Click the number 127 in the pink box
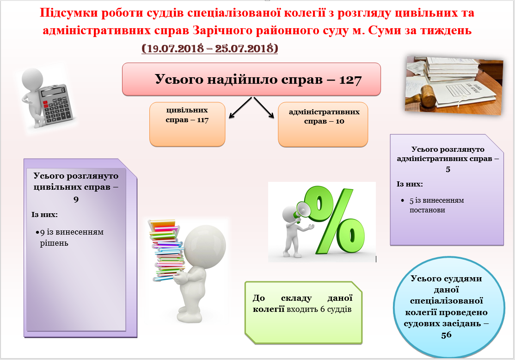(350, 80)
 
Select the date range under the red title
(210, 48)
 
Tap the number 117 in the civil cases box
(202, 120)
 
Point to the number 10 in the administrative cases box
(340, 121)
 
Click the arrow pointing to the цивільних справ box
(240, 107)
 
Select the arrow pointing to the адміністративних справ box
(264, 107)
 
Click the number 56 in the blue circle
(447, 335)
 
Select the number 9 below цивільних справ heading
(76, 199)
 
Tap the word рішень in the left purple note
(54, 243)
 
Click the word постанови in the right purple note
(427, 210)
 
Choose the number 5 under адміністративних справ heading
(448, 169)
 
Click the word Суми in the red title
(383, 30)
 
